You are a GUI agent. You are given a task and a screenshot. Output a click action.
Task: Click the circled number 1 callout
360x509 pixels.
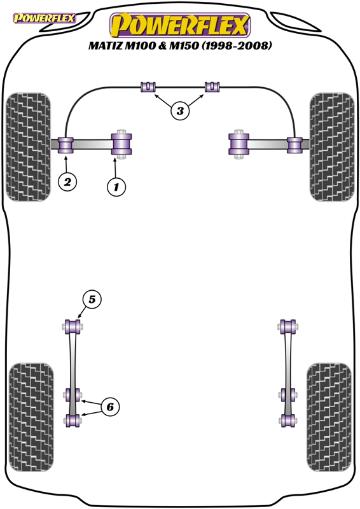point(116,186)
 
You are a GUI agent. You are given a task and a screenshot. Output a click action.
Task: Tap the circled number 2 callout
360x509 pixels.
point(67,182)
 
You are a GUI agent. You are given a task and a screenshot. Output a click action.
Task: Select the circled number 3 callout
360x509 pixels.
point(180,111)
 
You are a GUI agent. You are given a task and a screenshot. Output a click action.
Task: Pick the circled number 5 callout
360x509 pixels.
point(92,299)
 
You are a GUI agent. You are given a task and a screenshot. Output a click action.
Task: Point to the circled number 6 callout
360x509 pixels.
point(110,407)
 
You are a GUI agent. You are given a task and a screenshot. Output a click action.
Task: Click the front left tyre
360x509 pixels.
point(28,147)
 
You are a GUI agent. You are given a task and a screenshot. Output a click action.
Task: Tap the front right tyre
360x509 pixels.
point(332,147)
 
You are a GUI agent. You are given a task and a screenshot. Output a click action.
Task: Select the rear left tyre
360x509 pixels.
point(31,417)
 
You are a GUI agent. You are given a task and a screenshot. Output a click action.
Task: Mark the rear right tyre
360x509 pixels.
point(329,417)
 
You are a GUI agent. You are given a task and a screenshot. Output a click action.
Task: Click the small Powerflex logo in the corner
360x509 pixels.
point(44,18)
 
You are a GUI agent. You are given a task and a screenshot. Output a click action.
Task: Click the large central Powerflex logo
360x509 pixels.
point(180,25)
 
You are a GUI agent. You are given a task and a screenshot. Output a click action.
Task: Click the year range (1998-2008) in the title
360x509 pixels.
point(237,45)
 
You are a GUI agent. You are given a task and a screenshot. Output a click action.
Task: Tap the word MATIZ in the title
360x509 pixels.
point(105,45)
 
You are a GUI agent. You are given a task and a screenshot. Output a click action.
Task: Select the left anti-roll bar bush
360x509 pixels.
point(148,87)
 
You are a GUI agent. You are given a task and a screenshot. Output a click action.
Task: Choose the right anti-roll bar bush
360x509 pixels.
point(212,87)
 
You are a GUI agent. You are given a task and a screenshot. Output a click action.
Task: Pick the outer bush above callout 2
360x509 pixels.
point(66,145)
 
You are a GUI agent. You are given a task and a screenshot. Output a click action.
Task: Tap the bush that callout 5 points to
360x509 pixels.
point(73,326)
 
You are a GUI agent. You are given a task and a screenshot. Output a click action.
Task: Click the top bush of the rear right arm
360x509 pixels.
point(287,326)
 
